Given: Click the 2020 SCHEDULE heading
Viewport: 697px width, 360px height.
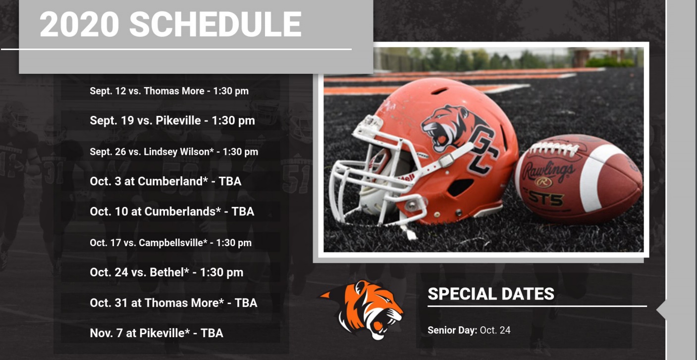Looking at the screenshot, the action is [170, 24].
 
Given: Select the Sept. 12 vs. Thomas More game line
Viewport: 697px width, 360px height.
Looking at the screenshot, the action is [169, 91].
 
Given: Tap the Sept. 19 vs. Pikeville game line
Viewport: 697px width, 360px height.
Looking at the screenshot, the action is [172, 120].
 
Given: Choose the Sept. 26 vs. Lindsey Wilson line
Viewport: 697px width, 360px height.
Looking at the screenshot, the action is [174, 152].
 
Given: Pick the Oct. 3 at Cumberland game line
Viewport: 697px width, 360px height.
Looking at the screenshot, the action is [165, 181].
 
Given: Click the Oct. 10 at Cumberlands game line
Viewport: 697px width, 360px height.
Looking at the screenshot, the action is [172, 211].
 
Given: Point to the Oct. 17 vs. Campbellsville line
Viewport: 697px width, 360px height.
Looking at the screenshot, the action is [170, 243].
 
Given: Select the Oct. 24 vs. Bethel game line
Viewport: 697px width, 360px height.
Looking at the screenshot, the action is [166, 272].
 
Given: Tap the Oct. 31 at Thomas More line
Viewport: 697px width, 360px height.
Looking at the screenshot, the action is [173, 303].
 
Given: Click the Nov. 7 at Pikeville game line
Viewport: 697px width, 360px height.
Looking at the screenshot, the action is [157, 333].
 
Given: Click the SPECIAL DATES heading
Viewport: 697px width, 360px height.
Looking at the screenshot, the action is [491, 294].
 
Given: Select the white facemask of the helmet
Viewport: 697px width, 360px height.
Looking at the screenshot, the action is [378, 174].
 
